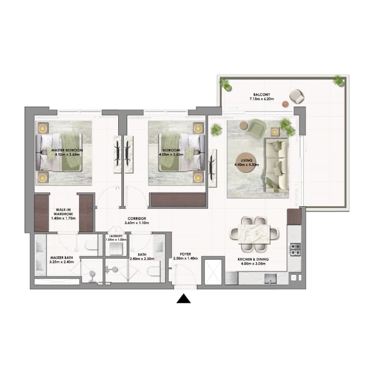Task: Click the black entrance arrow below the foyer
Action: [x=184, y=299]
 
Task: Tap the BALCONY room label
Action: [x=262, y=94]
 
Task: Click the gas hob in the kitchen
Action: [x=296, y=250]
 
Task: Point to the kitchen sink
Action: [x=271, y=279]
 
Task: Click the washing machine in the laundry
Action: [x=116, y=249]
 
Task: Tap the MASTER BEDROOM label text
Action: [x=67, y=150]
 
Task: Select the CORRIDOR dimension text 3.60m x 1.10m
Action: [x=137, y=223]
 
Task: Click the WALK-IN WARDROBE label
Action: [x=63, y=212]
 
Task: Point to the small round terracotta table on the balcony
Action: [x=285, y=104]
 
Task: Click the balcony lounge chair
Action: [x=297, y=96]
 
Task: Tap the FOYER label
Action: [x=185, y=254]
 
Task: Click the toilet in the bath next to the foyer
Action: [x=153, y=272]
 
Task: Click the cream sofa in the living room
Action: [x=277, y=166]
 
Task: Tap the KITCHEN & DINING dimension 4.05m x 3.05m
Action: [x=253, y=264]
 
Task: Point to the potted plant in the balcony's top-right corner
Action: [x=338, y=80]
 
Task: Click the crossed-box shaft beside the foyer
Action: [x=213, y=272]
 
